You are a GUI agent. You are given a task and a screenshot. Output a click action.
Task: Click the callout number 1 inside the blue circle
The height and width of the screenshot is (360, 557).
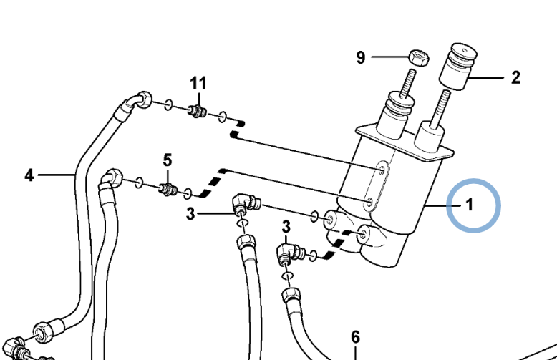tap(470, 205)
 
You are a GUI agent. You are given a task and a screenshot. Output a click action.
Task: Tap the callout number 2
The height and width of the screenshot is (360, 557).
tap(515, 77)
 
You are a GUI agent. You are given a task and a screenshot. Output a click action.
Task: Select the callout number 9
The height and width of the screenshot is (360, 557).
tap(361, 57)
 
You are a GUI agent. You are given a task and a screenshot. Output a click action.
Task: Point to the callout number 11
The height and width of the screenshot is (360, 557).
tap(198, 84)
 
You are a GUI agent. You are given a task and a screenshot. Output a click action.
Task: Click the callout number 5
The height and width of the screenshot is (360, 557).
tap(168, 160)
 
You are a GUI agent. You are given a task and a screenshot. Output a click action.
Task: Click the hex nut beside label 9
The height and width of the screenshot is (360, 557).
tap(419, 58)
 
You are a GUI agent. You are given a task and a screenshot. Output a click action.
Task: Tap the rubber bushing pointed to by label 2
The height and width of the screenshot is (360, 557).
tap(459, 67)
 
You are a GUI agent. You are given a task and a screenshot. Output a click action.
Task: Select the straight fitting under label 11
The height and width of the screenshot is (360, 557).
tap(198, 112)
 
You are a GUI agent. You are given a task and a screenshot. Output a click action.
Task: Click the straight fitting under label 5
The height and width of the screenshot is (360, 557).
tap(168, 189)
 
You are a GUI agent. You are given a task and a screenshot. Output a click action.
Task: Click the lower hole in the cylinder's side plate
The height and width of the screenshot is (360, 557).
tap(370, 203)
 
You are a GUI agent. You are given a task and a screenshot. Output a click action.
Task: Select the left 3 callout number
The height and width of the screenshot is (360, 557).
tap(190, 214)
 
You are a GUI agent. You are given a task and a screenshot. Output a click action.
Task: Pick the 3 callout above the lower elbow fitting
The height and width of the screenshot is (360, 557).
tap(286, 227)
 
